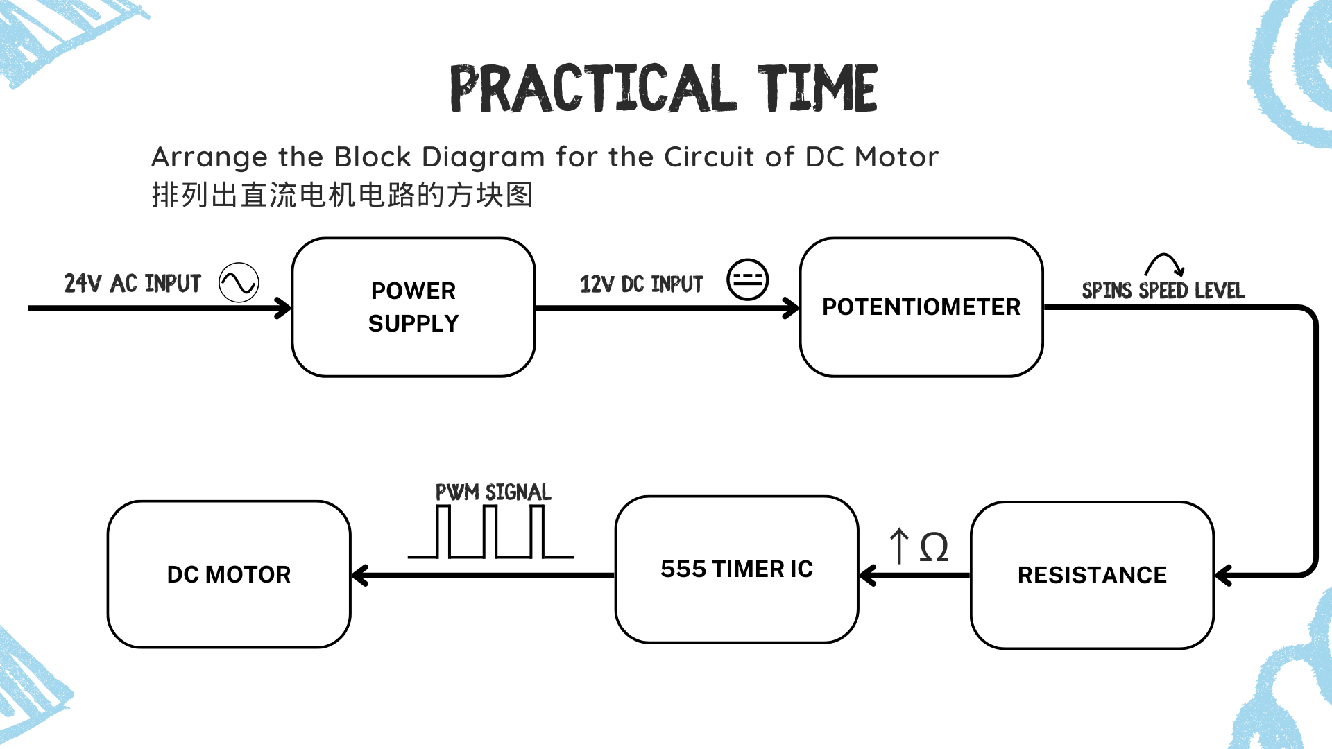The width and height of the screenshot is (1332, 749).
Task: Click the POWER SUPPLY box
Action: point(413,307)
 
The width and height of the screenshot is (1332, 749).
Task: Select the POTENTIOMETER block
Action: point(921,307)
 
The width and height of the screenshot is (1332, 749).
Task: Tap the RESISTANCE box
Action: point(1092,575)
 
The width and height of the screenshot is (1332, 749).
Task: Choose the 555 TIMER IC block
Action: point(737,569)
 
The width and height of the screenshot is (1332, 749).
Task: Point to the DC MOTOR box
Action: point(229,574)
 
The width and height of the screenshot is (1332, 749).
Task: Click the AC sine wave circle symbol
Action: point(239,282)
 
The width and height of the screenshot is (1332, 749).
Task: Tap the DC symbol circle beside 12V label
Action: point(747,280)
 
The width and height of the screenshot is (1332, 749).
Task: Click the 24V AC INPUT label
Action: point(133,283)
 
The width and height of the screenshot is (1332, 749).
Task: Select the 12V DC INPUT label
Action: point(641,284)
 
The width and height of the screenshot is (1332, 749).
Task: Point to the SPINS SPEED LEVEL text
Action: point(1163,290)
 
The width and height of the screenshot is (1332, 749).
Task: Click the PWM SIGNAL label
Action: point(493,492)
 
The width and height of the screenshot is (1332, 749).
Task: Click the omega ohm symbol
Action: point(934,548)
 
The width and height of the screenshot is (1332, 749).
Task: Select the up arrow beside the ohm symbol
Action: point(899,546)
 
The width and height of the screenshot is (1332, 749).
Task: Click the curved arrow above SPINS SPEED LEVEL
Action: point(1165,264)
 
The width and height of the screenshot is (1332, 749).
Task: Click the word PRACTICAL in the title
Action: point(594,88)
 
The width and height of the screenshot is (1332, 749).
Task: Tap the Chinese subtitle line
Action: point(342,195)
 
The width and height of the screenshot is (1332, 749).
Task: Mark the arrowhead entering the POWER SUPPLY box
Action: point(283,308)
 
